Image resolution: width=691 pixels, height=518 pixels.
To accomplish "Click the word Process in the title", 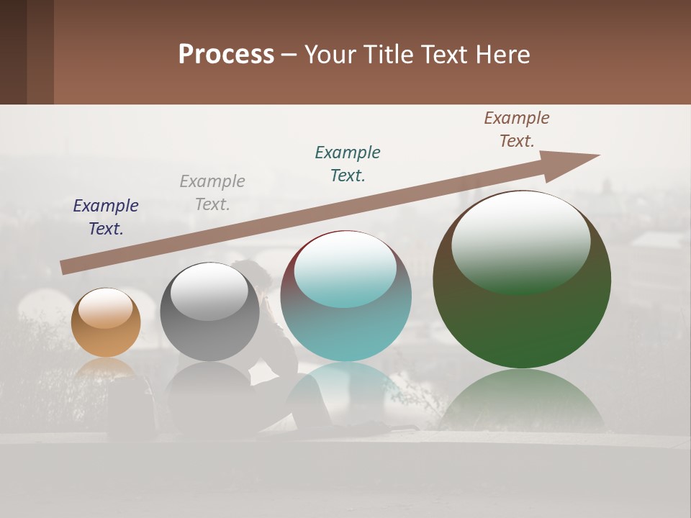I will [226, 55].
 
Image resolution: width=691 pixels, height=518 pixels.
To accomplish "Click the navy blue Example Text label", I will [106, 217].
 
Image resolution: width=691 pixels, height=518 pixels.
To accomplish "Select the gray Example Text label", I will [212, 192].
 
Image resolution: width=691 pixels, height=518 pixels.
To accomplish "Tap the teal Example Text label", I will [348, 163].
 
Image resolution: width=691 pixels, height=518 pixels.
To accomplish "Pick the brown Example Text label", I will [517, 129].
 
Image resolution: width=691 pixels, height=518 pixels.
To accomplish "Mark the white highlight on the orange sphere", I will [105, 308].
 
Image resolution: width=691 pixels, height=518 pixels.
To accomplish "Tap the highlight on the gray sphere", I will [209, 290].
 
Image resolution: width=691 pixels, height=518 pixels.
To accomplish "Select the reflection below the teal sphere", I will [345, 388].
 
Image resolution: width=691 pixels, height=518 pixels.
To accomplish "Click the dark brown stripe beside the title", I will [14, 52].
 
